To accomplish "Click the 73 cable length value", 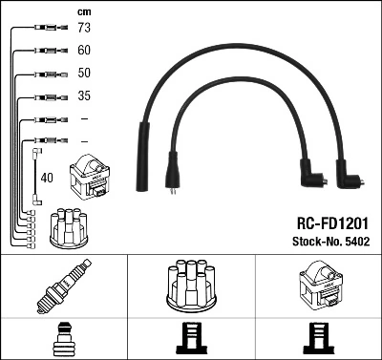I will coord(83,28).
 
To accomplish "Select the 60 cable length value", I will coord(83,50).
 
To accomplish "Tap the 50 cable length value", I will coord(83,73).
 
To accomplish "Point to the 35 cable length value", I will coord(83,95).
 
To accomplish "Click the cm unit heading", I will coord(82,11).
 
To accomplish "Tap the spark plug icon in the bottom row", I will coord(63,287).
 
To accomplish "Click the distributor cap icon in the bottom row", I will coord(190,287).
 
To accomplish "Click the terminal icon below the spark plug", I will coord(63,339).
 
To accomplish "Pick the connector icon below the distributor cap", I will coord(190,339).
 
